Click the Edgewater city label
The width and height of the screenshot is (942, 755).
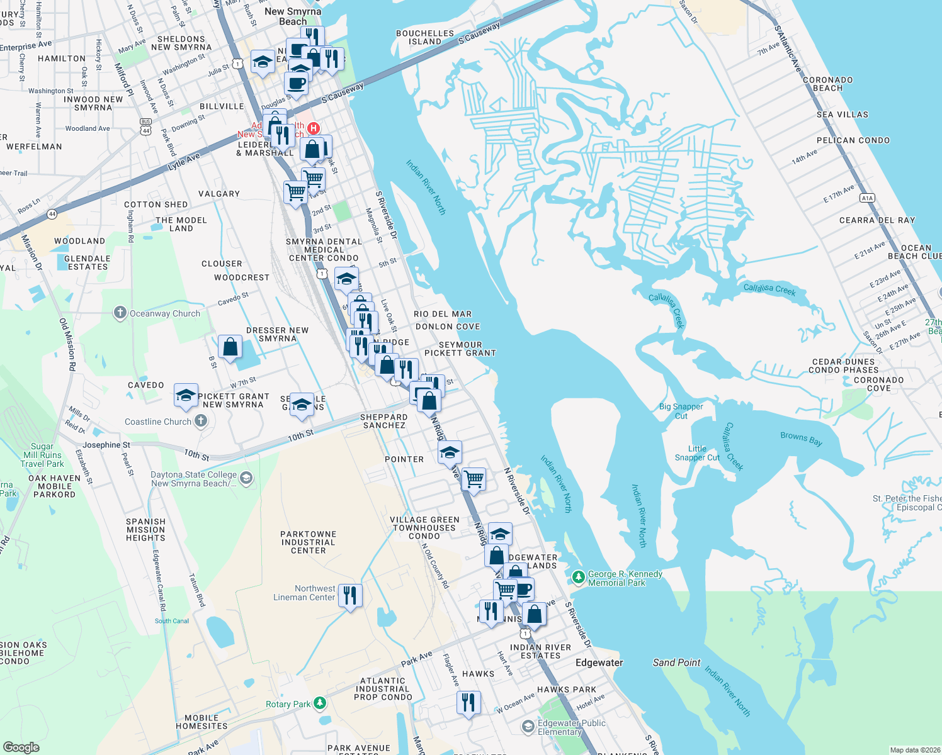(599, 663)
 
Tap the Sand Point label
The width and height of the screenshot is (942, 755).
(676, 663)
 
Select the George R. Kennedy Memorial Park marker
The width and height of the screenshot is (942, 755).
(578, 576)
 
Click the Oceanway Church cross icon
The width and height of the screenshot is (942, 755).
(120, 313)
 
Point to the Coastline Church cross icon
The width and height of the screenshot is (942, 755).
(201, 421)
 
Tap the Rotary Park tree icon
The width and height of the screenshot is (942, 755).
(321, 702)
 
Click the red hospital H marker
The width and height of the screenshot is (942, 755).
(313, 128)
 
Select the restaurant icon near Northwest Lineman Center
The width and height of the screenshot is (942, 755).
(350, 595)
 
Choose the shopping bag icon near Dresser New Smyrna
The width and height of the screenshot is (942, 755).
(230, 347)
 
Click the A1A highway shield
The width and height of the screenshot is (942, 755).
(867, 198)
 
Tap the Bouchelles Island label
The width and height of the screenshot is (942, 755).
(425, 37)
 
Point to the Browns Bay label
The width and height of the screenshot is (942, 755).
(801, 438)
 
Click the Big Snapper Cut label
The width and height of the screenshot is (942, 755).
(681, 411)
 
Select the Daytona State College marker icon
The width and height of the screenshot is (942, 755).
(246, 479)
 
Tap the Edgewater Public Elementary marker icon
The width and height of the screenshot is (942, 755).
(528, 727)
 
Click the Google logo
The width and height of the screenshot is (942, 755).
(21, 747)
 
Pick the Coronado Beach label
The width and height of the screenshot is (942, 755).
(827, 84)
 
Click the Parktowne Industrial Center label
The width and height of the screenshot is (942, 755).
(308, 542)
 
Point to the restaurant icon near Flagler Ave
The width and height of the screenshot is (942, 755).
(468, 701)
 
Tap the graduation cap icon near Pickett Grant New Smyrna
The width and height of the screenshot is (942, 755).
(186, 395)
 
